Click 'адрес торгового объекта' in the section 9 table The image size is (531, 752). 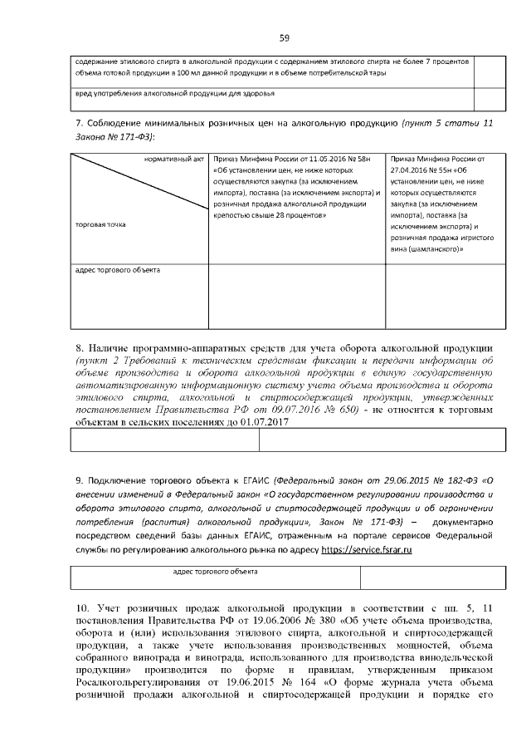tap(214, 572)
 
